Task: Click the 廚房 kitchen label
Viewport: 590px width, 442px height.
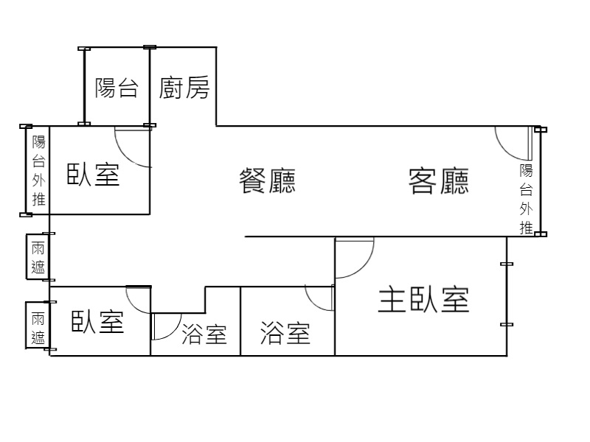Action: [184, 88]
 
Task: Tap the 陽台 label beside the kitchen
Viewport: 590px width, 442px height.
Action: [117, 88]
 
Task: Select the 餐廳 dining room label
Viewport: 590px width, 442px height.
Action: [267, 180]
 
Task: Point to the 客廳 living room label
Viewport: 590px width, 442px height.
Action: [439, 180]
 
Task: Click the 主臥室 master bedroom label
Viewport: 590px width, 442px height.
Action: [423, 300]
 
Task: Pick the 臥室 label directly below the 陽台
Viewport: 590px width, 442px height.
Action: [94, 175]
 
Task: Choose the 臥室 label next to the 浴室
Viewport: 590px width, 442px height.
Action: [97, 322]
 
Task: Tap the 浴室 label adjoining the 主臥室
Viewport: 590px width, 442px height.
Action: [285, 334]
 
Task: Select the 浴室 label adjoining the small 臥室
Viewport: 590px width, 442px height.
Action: [204, 335]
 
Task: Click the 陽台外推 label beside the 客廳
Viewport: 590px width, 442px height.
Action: [526, 199]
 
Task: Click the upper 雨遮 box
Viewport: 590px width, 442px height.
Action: [38, 257]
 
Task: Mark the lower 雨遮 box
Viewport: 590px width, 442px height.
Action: [38, 328]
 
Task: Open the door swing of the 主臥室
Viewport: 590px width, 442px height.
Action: [353, 257]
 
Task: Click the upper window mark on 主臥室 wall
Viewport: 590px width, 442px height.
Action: [506, 263]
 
